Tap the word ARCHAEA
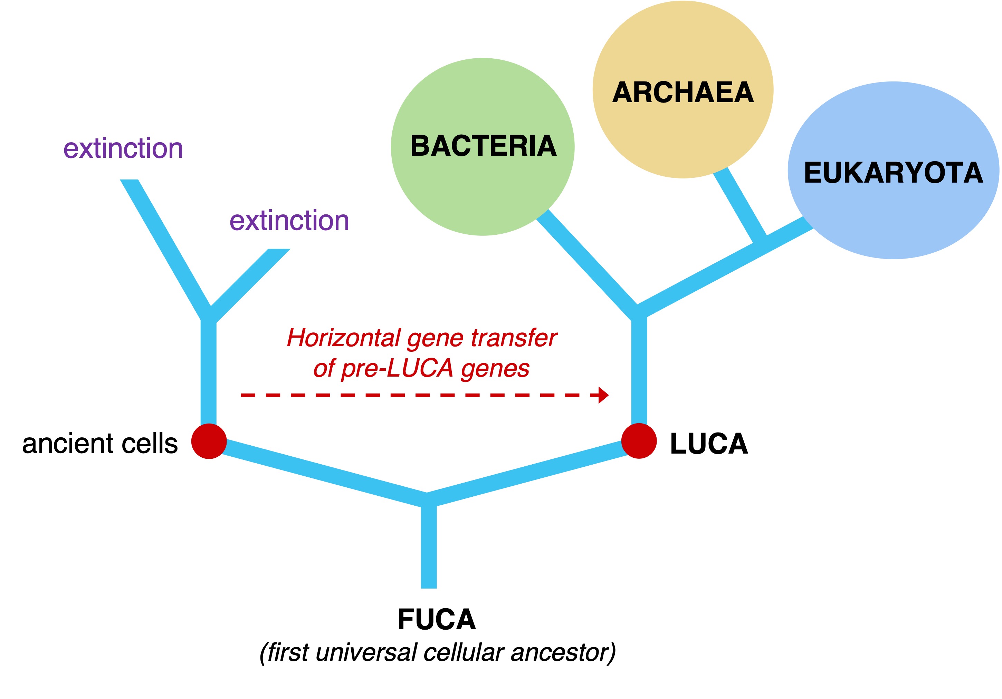click(683, 93)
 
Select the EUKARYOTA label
click(893, 173)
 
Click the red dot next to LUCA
click(639, 441)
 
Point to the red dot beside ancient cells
click(209, 441)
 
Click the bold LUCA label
click(709, 444)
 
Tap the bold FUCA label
click(437, 619)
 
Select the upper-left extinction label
click(123, 148)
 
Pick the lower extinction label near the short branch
click(289, 220)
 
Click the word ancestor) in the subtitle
click(563, 652)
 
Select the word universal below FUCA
click(366, 652)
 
